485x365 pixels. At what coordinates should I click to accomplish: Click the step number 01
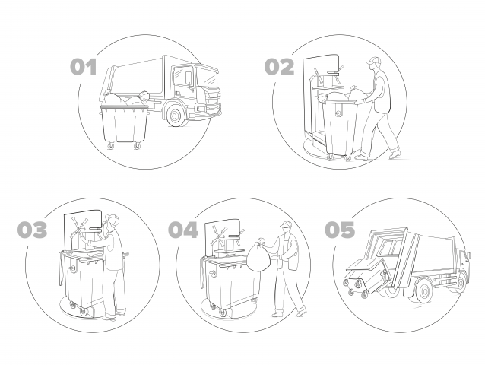[x=83, y=67]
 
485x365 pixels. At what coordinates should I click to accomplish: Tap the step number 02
[x=279, y=67]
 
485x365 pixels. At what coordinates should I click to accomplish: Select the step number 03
[x=33, y=230]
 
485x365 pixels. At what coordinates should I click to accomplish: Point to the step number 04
[x=183, y=230]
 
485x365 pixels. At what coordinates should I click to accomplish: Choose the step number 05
[x=340, y=230]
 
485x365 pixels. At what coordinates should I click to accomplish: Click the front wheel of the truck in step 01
[x=175, y=116]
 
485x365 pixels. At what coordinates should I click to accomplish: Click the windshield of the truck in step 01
[x=208, y=78]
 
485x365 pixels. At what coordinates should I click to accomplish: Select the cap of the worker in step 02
[x=374, y=60]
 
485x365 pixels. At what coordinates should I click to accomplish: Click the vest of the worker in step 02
[x=382, y=92]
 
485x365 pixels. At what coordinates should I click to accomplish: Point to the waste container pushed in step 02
[x=341, y=127]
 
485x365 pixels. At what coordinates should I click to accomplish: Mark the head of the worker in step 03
[x=112, y=221]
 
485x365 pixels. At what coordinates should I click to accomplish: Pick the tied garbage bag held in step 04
[x=258, y=255]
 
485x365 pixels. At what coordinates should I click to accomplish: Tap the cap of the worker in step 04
[x=286, y=224]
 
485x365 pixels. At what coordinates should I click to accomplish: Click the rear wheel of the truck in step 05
[x=423, y=290]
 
